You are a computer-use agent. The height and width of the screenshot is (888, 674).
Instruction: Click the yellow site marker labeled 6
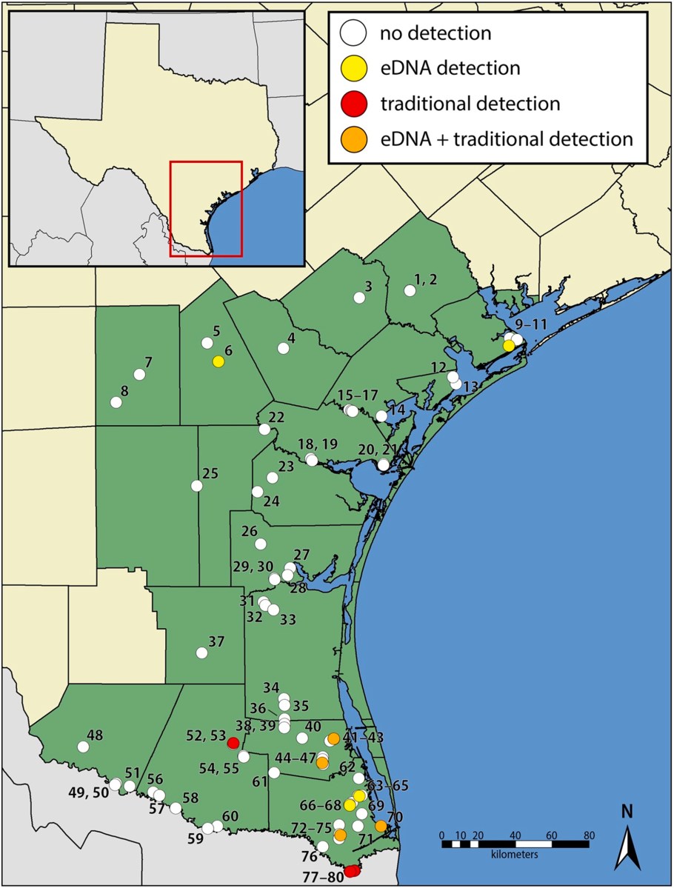pyautogui.click(x=218, y=361)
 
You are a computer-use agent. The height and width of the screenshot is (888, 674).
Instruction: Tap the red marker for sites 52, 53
pyautogui.click(x=233, y=743)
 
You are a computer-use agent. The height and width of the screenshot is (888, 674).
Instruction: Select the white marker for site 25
pyautogui.click(x=197, y=486)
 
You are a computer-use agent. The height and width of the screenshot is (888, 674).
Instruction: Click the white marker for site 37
pyautogui.click(x=201, y=652)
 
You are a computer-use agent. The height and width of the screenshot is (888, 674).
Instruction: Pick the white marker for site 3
pyautogui.click(x=359, y=298)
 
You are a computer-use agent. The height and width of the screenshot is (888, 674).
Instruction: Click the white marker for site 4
pyautogui.click(x=283, y=348)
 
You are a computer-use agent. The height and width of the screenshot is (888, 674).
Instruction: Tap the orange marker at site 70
pyautogui.click(x=381, y=826)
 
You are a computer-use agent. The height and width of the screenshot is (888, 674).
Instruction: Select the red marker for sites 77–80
pyautogui.click(x=351, y=872)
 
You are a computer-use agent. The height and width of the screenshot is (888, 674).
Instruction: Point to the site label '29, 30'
pyautogui.click(x=253, y=566)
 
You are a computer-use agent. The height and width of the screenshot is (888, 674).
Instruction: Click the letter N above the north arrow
pyautogui.click(x=627, y=811)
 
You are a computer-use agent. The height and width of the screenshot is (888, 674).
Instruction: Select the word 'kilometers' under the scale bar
pyautogui.click(x=514, y=853)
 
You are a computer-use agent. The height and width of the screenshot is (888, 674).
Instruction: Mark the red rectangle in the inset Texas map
pyautogui.click(x=206, y=208)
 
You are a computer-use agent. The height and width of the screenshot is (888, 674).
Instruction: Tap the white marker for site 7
pyautogui.click(x=139, y=375)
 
